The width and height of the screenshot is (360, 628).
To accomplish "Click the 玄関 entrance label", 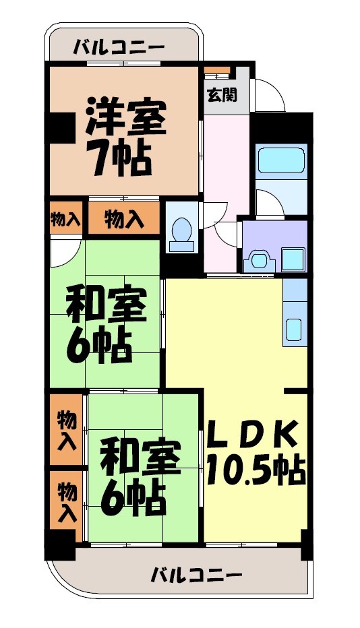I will (x=221, y=95).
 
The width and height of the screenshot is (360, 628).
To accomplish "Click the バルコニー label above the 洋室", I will (x=119, y=47).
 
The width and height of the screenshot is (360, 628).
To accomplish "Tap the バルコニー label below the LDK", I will (x=196, y=576).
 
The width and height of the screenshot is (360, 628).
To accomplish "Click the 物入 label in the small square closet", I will (x=66, y=219).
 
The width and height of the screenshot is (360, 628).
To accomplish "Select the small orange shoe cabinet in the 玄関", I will (x=217, y=71).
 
